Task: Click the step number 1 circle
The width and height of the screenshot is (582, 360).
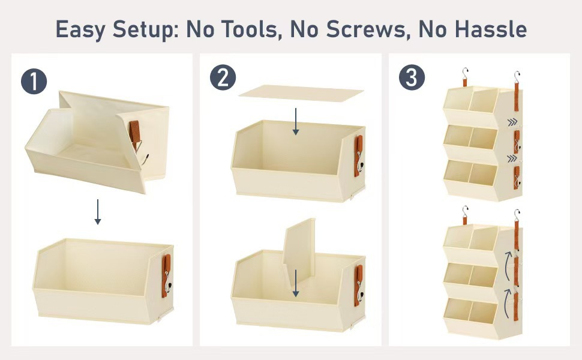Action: point(34,81)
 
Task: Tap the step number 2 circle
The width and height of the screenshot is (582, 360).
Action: point(223,77)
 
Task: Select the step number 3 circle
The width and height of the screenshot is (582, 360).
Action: point(412,77)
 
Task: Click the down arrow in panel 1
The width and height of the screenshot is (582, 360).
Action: point(98,212)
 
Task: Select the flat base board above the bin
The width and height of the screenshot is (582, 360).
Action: point(301,93)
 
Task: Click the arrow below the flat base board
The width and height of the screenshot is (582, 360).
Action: point(295,121)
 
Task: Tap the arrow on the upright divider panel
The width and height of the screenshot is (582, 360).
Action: point(295,283)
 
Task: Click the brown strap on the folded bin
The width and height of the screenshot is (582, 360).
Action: point(135,131)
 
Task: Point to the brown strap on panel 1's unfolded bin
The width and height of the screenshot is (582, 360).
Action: point(166,275)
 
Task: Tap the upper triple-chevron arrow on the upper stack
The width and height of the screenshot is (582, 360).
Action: point(512,122)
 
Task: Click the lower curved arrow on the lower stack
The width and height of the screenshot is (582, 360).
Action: point(507,303)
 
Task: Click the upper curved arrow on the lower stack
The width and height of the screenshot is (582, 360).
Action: point(507,265)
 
